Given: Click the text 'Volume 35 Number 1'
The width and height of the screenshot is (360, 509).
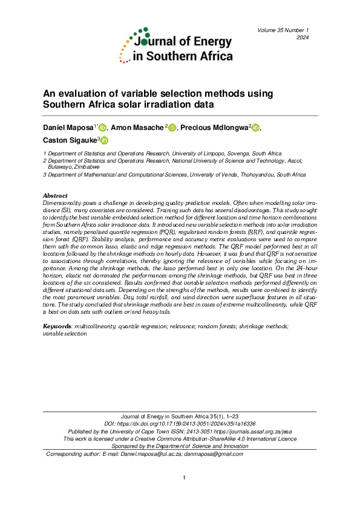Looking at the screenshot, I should (x=283, y=30).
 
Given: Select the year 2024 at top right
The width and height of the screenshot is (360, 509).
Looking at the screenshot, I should (x=303, y=38).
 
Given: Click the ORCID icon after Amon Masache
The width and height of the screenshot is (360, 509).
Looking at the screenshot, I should (x=172, y=128).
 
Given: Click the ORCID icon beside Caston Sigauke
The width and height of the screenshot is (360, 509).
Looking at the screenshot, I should (x=104, y=141).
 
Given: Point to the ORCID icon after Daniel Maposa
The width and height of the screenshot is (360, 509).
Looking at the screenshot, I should (x=102, y=128).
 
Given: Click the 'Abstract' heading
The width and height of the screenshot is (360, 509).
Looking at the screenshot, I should (x=55, y=196).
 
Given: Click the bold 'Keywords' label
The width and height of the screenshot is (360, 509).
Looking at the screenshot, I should (x=56, y=326).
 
